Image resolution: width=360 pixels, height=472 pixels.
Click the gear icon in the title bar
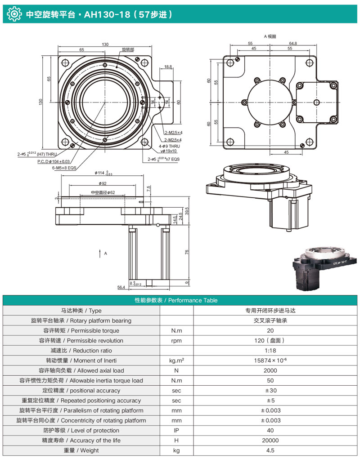pyautogui.click(x=13, y=14)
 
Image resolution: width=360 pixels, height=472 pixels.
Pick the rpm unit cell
pyautogui.click(x=176, y=341)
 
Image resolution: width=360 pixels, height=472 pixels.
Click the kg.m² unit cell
pyautogui.click(x=176, y=361)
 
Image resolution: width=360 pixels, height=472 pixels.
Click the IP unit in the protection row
pyautogui.click(x=176, y=431)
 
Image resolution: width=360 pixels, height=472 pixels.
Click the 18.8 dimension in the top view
pyautogui.click(x=168, y=67)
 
